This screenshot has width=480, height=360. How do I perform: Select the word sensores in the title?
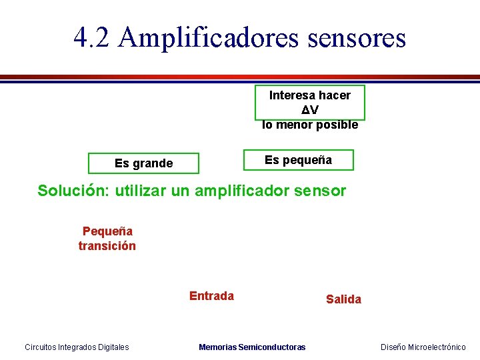(357, 37)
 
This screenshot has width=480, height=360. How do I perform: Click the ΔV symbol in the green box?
(309, 110)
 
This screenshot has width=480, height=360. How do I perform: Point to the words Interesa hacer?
(309, 95)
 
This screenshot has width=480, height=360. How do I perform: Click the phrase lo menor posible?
(310, 125)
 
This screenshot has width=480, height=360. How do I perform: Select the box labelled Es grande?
(143, 163)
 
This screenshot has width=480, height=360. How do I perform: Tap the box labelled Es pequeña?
(298, 160)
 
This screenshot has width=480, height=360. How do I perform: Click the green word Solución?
(74, 191)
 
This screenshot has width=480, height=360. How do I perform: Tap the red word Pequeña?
(107, 231)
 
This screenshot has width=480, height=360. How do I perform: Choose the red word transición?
(107, 246)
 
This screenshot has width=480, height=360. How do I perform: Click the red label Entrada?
(211, 296)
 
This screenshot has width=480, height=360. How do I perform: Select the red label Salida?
(343, 299)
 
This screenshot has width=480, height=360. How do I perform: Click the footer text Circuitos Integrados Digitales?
(77, 347)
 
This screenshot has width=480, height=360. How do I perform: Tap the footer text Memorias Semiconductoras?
(252, 347)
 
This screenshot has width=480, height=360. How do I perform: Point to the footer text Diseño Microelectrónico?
(423, 347)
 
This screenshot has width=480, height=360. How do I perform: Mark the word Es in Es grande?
(121, 163)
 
